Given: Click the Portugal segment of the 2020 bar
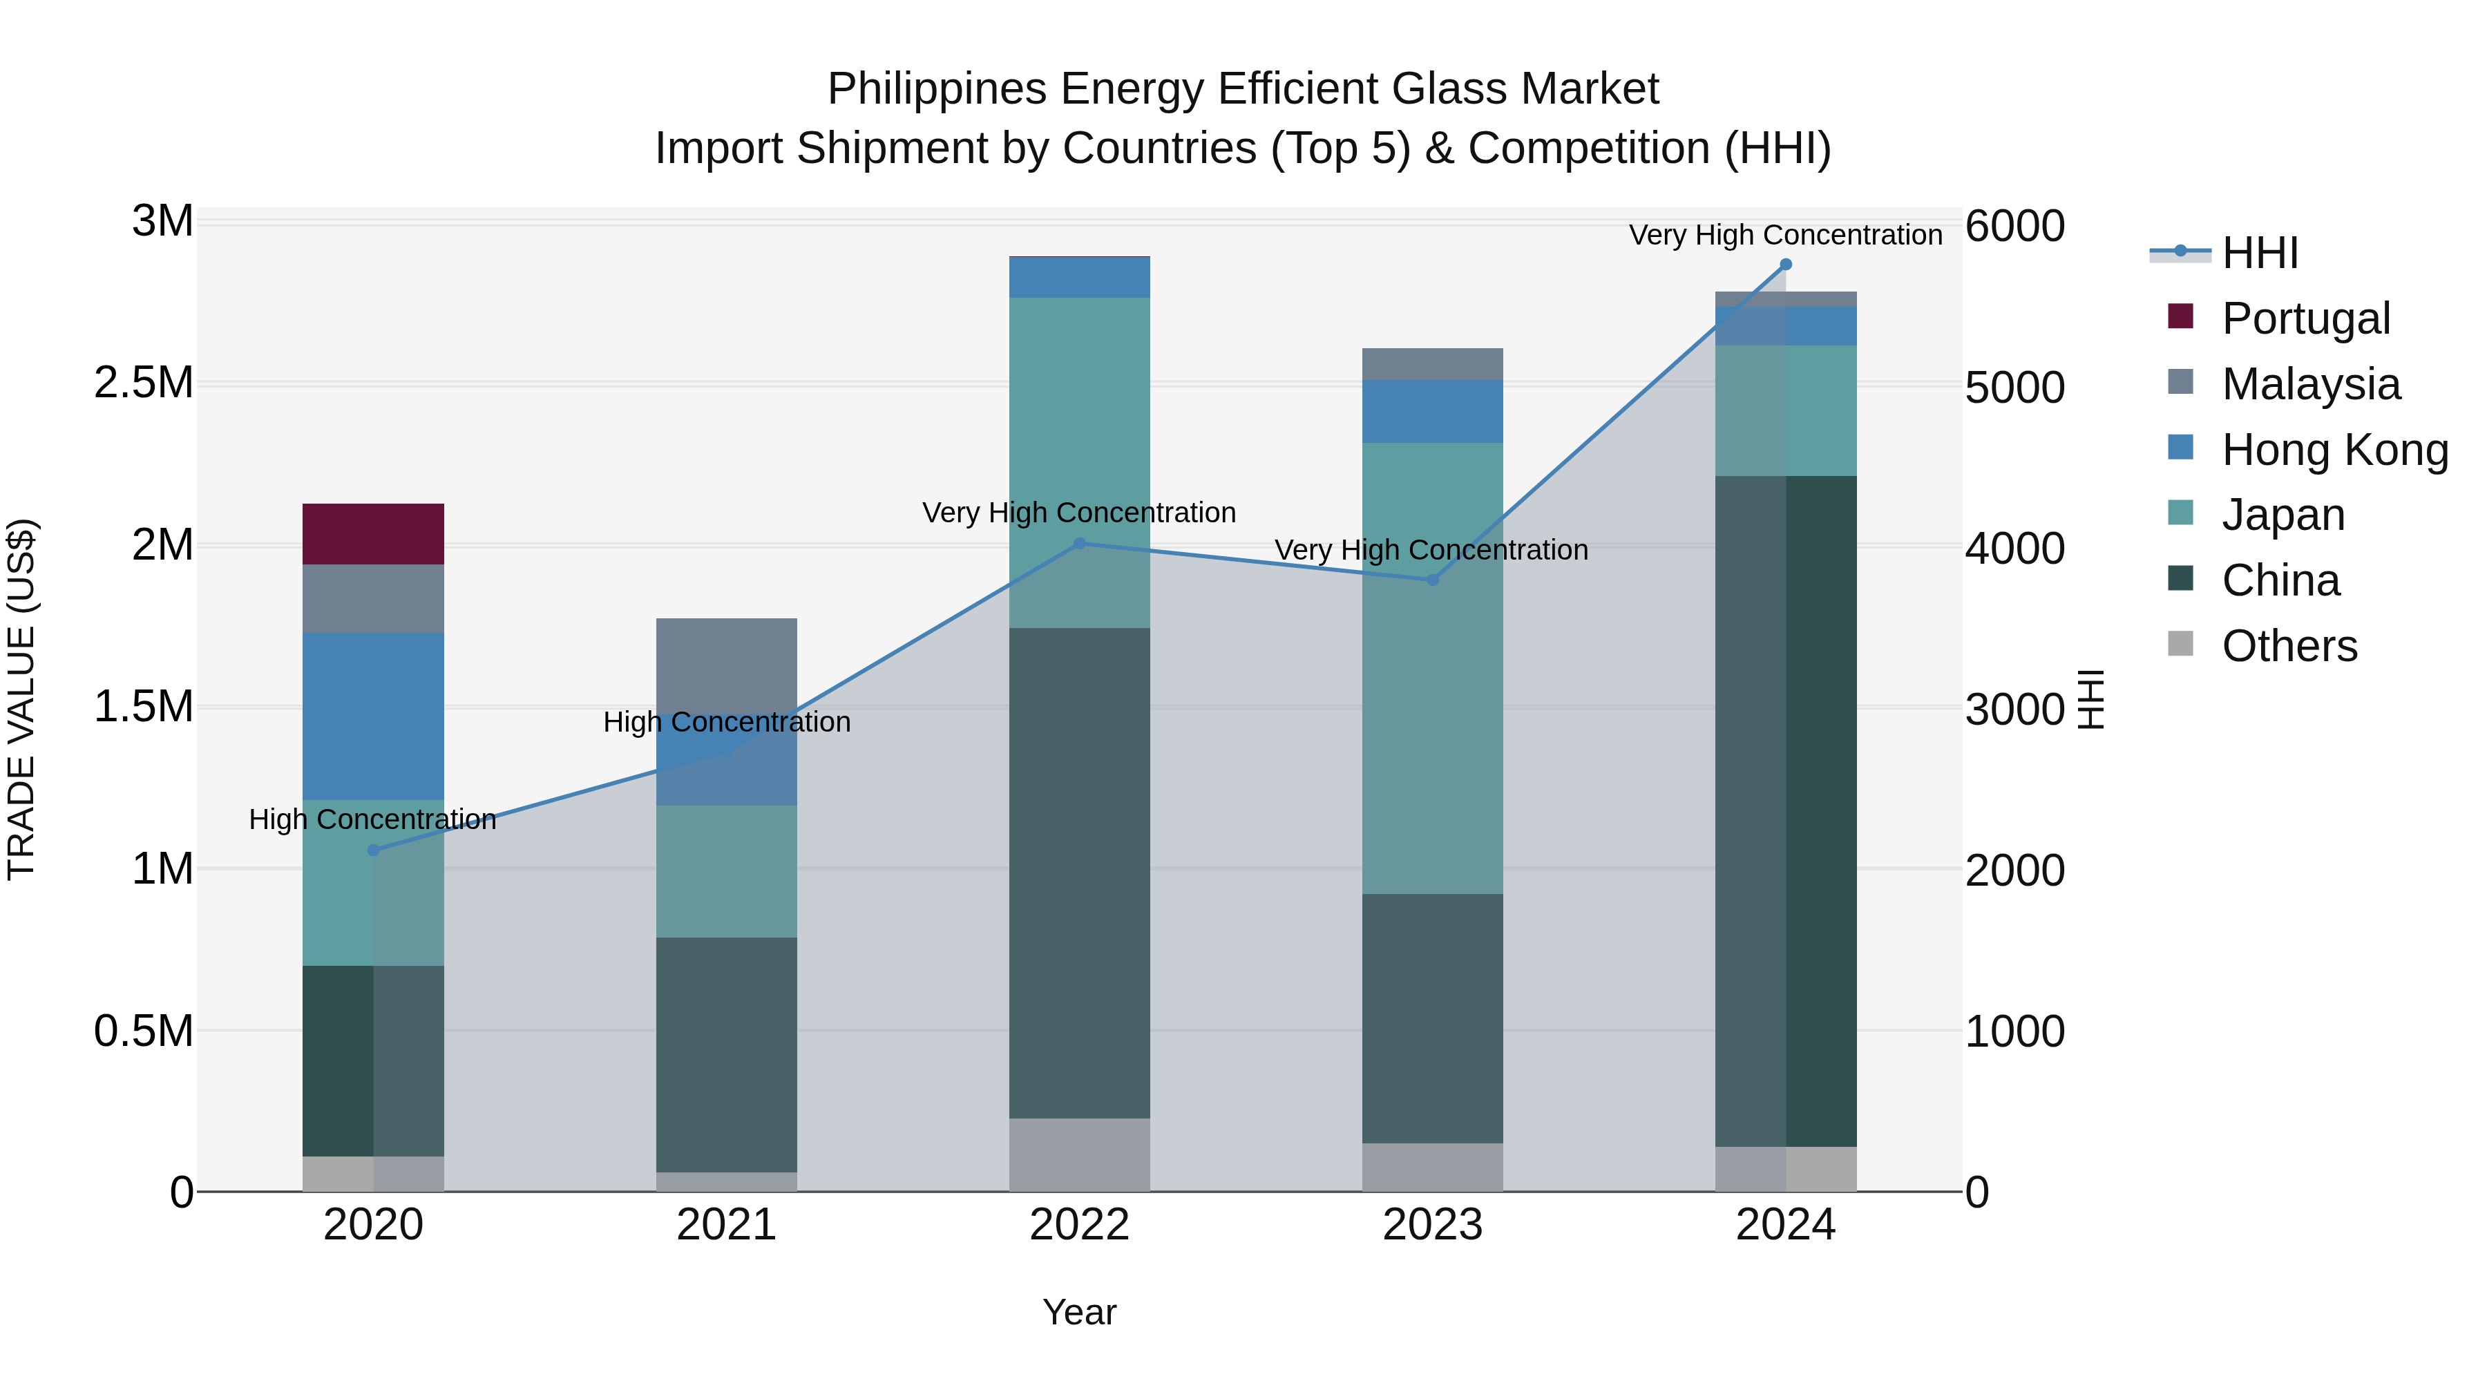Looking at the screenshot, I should pyautogui.click(x=372, y=534).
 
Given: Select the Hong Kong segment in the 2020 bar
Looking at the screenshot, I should pyautogui.click(x=372, y=716).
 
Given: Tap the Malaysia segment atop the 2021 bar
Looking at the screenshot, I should pyautogui.click(x=726, y=664).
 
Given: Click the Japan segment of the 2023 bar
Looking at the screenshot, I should pyautogui.click(x=1432, y=668).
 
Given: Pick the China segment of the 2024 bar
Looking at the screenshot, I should pyautogui.click(x=1785, y=811).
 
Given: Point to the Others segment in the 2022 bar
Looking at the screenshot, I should pyautogui.click(x=1078, y=1154).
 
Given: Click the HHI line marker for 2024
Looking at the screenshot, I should pyautogui.click(x=1785, y=265).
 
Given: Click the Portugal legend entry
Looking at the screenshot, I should pyautogui.click(x=2305, y=318).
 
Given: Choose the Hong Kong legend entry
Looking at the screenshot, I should pyautogui.click(x=2334, y=450).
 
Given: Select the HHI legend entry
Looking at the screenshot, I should pyautogui.click(x=2259, y=253).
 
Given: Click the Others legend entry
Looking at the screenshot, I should pyautogui.click(x=2288, y=646).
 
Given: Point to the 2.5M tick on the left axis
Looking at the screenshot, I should pyautogui.click(x=143, y=383).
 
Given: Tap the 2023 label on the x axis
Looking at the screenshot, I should pyautogui.click(x=1432, y=1225).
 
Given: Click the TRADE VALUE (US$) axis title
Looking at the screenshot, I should pyautogui.click(x=22, y=699).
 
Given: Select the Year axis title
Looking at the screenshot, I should pyautogui.click(x=1078, y=1312).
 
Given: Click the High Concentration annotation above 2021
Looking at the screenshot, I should pyautogui.click(x=726, y=722).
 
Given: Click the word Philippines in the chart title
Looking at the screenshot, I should pyautogui.click(x=937, y=89).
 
